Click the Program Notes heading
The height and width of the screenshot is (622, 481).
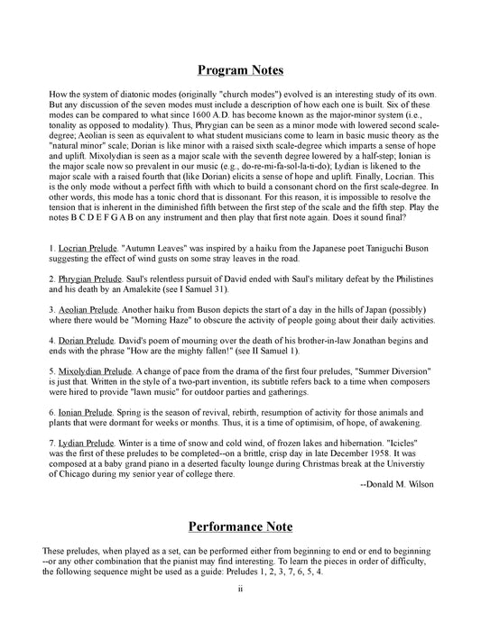[241, 70]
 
